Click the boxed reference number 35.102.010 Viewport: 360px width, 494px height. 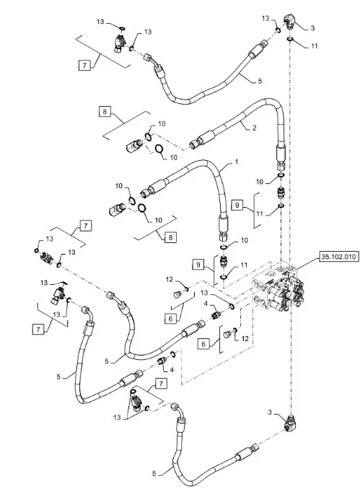[339, 257]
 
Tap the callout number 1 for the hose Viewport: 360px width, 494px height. [236, 162]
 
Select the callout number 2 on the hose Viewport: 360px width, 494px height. [254, 128]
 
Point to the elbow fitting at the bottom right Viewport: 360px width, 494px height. [291, 422]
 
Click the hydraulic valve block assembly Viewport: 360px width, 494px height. [278, 288]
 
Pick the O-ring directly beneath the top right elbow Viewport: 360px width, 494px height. [290, 40]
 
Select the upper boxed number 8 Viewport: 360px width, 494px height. [105, 111]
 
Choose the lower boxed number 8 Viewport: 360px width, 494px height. [170, 237]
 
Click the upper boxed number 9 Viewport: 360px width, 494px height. [237, 205]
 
